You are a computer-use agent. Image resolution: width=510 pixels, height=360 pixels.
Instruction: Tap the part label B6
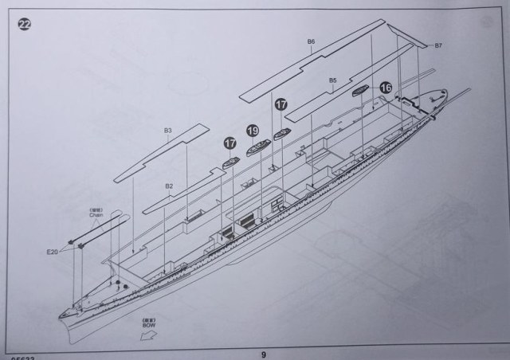[x=311, y=41]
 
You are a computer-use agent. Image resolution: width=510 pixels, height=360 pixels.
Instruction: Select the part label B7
[x=438, y=46]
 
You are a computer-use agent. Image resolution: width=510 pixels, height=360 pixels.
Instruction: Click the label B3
[x=168, y=129]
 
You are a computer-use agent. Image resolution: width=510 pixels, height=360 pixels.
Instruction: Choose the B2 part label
[x=169, y=186]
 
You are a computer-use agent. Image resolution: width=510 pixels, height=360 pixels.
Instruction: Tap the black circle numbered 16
[x=386, y=88]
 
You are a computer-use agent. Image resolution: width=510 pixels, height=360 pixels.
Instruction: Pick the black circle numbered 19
[x=253, y=131]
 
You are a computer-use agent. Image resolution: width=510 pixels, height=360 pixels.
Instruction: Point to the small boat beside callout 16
[x=361, y=91]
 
